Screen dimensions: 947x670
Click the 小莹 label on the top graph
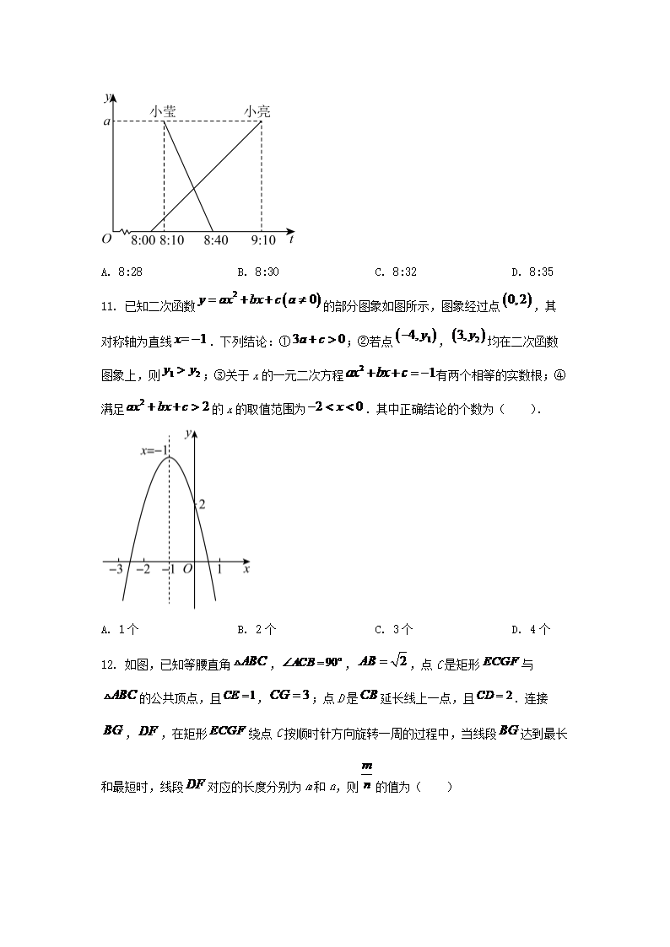[163, 110]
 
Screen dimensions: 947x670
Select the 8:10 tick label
[171, 240]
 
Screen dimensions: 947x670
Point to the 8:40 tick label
[216, 240]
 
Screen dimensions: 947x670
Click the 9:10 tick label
[263, 240]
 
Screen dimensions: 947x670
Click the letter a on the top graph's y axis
[106, 121]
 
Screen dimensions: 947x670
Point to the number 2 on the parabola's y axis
[202, 504]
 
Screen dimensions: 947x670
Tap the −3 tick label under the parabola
[116, 571]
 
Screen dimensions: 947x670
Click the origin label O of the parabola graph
[188, 571]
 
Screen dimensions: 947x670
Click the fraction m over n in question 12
[366, 778]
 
